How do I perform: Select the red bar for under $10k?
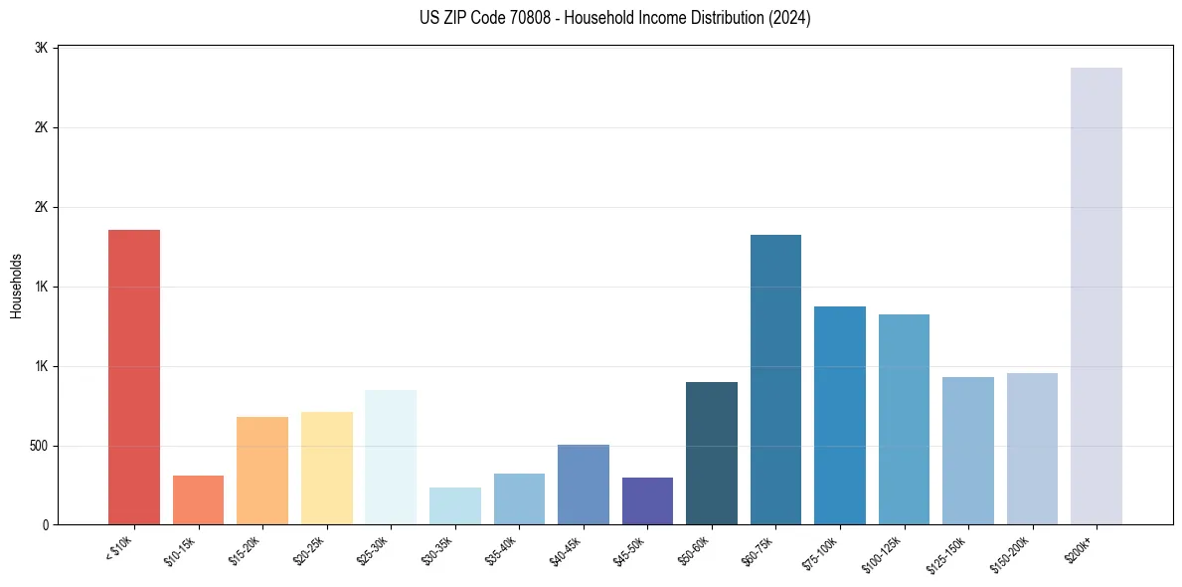coord(134,377)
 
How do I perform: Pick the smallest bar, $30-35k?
coord(454,506)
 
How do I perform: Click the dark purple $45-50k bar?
coord(647,501)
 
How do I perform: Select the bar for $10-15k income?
coord(198,500)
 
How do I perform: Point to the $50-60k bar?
coord(712,454)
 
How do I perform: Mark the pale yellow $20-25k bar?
coord(326,469)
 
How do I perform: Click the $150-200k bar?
coord(1032,449)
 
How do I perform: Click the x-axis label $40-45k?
coord(565,551)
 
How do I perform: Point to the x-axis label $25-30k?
coord(373,551)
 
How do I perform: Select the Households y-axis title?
coord(16,285)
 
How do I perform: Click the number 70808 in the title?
coord(535,18)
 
